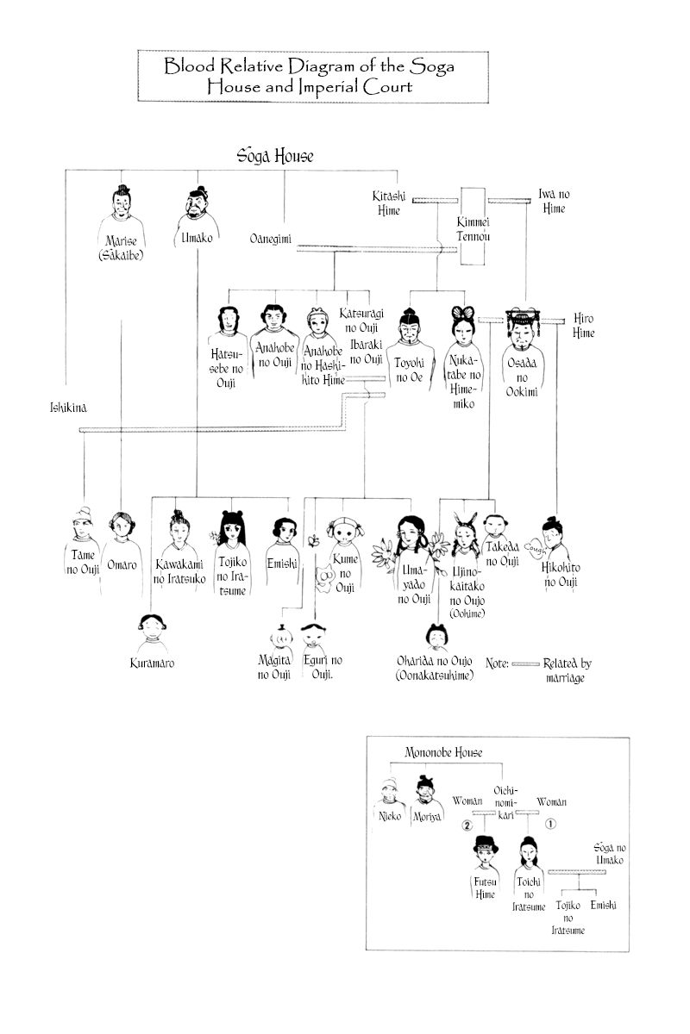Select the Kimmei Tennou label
tap(473, 229)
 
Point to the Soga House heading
tap(275, 157)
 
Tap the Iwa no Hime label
tap(554, 201)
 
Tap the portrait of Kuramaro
tap(153, 632)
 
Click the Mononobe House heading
tap(443, 752)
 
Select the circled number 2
tap(467, 825)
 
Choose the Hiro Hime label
tap(584, 325)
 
